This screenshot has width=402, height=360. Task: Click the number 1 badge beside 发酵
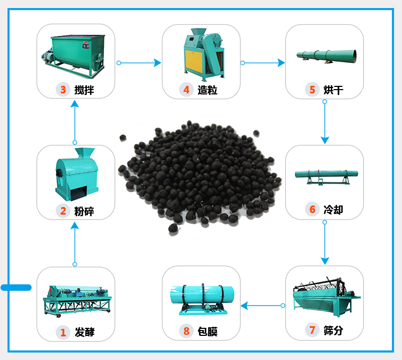63,332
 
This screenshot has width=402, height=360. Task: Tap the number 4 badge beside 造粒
187,90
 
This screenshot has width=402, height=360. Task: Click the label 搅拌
85,90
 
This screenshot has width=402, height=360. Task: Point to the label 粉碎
85,211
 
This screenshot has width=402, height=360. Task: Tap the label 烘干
333,90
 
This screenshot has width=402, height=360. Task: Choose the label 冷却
333,210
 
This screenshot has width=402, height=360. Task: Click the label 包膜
208,332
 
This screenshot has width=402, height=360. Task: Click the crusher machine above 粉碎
76,172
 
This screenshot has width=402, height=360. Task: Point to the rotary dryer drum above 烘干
326,55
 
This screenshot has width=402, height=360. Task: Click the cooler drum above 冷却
326,176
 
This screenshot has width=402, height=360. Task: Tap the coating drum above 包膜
202,298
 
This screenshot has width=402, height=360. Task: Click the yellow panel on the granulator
192,59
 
